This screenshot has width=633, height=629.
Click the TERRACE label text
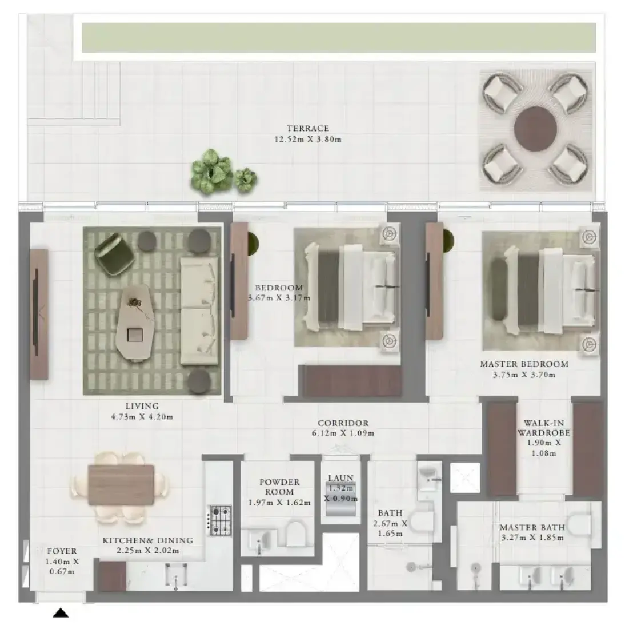[307, 129]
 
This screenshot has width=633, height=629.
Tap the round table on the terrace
[535, 129]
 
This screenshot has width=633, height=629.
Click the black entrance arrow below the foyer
[61, 613]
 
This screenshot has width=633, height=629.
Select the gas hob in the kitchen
[219, 520]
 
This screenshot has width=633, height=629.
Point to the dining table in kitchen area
[121, 485]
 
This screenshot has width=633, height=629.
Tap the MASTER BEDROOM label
[524, 364]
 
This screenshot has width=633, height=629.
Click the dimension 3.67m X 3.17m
[279, 298]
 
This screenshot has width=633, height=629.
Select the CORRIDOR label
[343, 423]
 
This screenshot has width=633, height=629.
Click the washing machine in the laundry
[340, 499]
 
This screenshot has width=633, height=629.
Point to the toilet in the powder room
[295, 534]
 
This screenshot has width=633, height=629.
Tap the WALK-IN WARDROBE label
[544, 428]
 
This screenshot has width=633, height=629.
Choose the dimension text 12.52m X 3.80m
[307, 140]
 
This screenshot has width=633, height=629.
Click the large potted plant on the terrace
[211, 172]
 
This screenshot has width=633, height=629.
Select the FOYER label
[62, 551]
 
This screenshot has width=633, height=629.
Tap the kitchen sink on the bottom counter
[176, 575]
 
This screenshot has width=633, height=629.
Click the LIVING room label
[142, 406]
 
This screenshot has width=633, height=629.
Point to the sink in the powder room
[260, 540]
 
